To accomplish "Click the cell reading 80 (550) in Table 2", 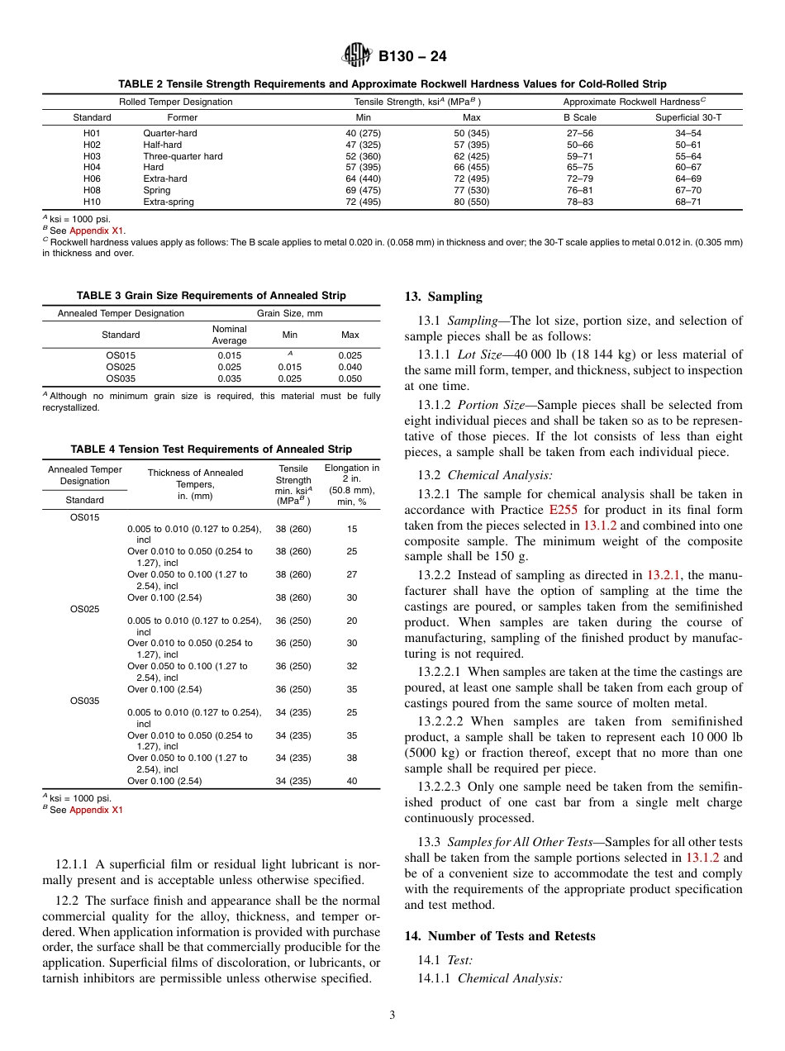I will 471,202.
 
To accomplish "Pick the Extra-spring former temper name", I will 168,202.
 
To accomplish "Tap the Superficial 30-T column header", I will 687,117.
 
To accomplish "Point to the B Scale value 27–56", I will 579,132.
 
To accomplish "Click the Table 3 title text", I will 212,295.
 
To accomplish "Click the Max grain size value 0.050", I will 350,378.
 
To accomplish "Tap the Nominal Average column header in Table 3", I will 229,335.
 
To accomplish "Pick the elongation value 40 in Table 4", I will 352,781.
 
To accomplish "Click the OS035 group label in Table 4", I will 84,701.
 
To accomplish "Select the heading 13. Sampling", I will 443,297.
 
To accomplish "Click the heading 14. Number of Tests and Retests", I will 499,936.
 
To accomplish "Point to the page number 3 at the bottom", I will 392,1015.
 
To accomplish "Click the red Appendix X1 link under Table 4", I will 96,810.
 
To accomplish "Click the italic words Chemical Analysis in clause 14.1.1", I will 510,978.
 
